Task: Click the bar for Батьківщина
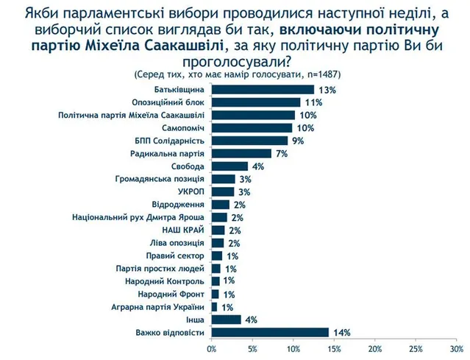tap(262, 89)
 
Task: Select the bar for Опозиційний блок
tap(255, 102)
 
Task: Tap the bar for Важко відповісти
tap(269, 332)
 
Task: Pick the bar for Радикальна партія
tap(241, 153)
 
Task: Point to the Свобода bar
tap(227, 166)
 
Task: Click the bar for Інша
tap(226, 319)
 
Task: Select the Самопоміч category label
tap(179, 127)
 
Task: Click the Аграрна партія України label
tap(158, 306)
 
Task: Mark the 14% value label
tap(340, 333)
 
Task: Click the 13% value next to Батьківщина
tap(327, 90)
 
